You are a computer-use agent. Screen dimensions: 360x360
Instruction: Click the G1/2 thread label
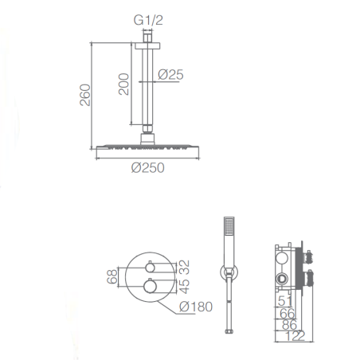click(x=148, y=20)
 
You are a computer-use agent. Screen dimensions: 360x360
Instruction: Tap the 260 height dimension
click(x=85, y=95)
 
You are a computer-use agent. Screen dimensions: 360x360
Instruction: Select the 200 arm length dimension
click(x=123, y=84)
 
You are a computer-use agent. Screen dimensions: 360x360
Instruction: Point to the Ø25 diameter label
click(x=170, y=75)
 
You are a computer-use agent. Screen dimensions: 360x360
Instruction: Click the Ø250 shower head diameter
click(x=148, y=168)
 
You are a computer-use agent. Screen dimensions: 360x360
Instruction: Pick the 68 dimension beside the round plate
click(x=112, y=276)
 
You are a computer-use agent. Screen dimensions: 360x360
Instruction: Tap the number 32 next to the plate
click(x=184, y=268)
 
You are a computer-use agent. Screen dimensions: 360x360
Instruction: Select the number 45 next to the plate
click(x=184, y=286)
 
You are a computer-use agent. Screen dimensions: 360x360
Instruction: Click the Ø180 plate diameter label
click(x=196, y=307)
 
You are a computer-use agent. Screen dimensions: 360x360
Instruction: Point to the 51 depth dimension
click(x=284, y=301)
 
